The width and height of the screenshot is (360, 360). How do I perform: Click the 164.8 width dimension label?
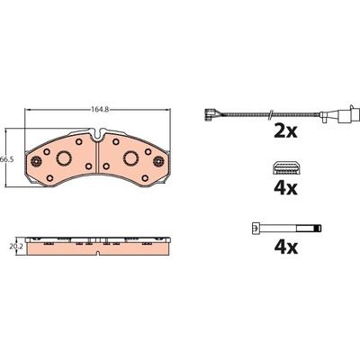click(98, 110)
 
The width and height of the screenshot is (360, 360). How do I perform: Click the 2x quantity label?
click(285, 131)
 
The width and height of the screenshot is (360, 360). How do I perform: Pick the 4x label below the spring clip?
click(285, 188)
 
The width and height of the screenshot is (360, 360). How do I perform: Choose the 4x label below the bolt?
click(286, 247)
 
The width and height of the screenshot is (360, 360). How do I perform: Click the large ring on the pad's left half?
click(64, 157)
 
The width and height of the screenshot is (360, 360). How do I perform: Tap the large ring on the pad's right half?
click(131, 157)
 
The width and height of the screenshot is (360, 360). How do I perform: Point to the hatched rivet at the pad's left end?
click(36, 161)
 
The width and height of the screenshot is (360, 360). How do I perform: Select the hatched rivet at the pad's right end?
click(158, 161)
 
